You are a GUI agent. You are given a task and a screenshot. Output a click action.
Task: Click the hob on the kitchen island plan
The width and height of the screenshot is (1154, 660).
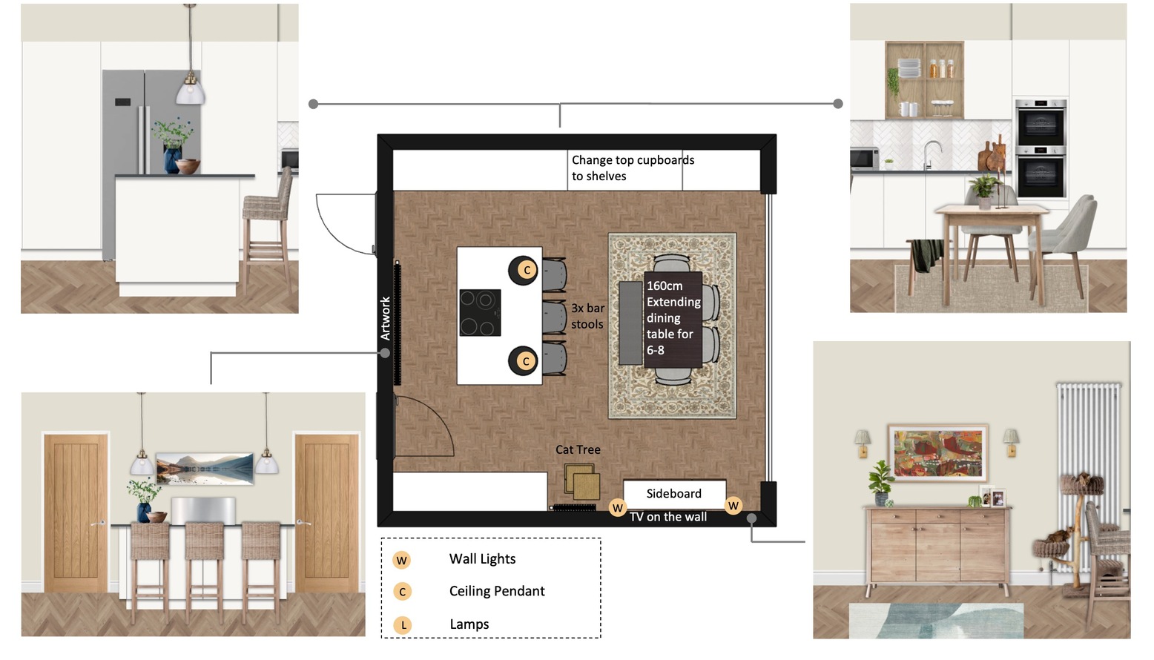tap(480, 313)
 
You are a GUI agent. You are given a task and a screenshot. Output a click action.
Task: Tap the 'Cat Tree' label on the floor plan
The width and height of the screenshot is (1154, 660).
tap(578, 450)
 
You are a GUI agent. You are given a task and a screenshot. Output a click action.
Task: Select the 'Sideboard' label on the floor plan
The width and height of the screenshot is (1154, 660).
tap(674, 494)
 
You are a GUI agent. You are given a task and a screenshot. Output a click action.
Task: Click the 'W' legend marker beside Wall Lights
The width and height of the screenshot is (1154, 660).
tap(402, 560)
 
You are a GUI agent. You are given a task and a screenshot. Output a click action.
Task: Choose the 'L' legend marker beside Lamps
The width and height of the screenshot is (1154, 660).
tap(403, 625)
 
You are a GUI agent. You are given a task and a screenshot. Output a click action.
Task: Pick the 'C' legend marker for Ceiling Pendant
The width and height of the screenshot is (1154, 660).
tap(403, 592)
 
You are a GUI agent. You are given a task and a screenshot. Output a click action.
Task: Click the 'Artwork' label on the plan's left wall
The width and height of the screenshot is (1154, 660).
tap(385, 318)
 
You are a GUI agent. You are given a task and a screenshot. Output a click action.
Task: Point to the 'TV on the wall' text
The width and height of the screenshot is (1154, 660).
tap(668, 517)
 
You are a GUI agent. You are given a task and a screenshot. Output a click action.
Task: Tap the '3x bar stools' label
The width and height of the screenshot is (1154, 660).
tap(587, 316)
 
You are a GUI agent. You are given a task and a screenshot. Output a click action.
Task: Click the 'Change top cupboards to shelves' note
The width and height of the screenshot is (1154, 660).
tap(633, 168)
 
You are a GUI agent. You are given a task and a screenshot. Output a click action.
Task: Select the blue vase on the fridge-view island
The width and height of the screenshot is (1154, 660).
tap(172, 160)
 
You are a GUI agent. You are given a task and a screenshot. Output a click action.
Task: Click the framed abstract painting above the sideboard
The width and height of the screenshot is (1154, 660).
tap(937, 453)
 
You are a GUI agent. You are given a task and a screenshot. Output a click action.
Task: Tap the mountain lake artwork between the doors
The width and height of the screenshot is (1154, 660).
tap(205, 469)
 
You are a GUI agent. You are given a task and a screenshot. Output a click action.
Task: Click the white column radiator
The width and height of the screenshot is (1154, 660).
tap(1088, 477)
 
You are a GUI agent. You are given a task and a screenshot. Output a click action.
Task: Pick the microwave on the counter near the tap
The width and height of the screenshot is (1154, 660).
tap(864, 159)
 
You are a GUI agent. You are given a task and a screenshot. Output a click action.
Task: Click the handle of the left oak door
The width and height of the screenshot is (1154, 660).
tap(98, 524)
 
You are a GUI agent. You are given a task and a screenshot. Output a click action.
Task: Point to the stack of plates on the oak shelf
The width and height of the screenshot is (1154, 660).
tap(909, 68)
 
